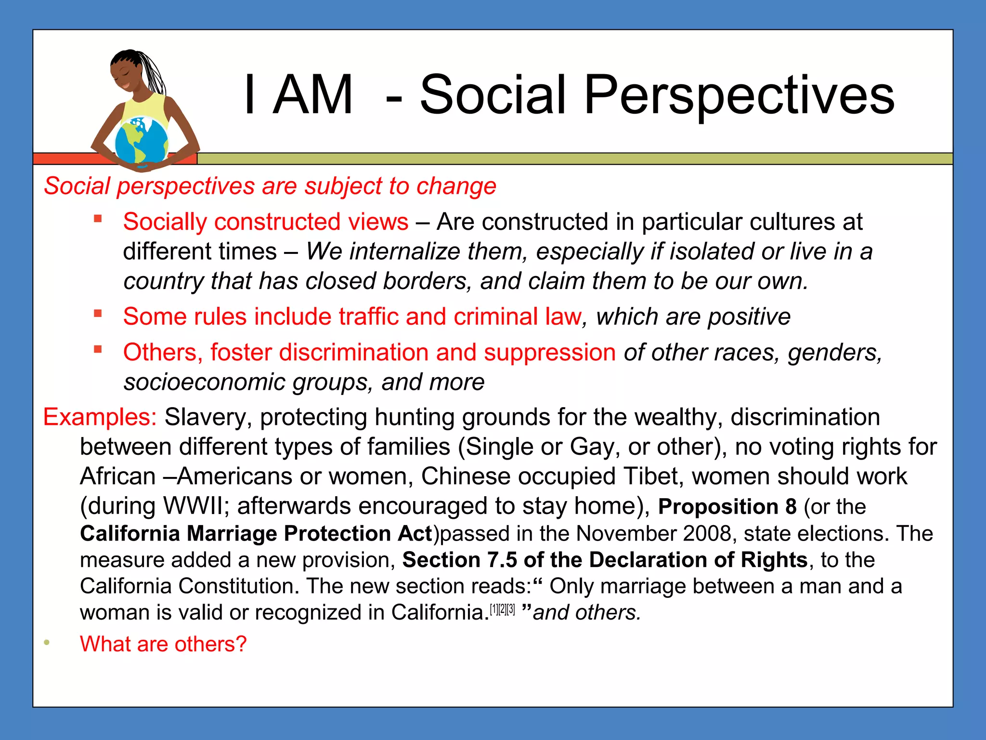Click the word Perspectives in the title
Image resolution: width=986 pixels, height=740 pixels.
(x=739, y=95)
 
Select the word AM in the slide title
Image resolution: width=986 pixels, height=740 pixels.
(x=313, y=95)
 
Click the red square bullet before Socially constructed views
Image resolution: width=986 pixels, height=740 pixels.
(x=98, y=219)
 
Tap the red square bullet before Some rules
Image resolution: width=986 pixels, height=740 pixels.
(x=98, y=314)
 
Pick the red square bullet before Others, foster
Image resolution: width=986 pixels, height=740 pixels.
(x=98, y=349)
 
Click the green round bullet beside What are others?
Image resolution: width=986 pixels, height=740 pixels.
(x=47, y=642)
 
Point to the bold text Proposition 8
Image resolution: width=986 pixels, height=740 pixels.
(x=727, y=506)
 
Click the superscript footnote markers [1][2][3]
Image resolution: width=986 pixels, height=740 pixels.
(x=502, y=609)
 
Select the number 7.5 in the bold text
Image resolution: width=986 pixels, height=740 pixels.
(x=502, y=560)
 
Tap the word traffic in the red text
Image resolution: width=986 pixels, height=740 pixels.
(x=368, y=317)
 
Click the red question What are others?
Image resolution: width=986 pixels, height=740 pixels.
(x=163, y=644)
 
